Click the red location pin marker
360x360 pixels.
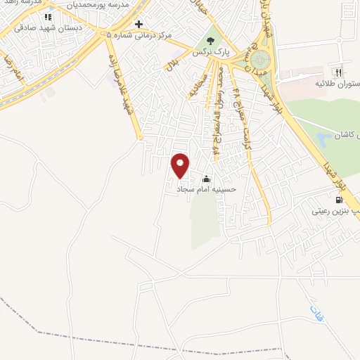181,165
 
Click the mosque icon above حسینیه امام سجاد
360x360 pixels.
206,179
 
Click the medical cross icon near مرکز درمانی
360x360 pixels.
139,23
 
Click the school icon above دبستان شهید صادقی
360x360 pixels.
48,17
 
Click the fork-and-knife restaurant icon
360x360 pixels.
339,72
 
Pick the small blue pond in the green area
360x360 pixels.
323,139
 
